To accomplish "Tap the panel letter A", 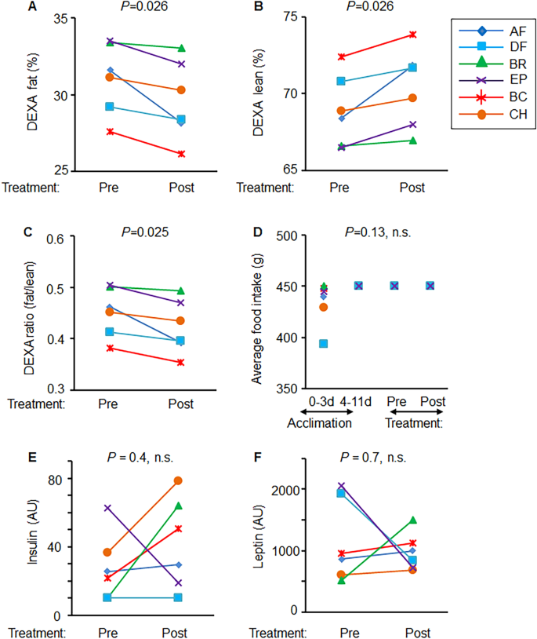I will (x=11, y=6).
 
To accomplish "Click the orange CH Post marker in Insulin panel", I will (x=178, y=480).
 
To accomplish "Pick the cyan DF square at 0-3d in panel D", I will (x=323, y=344).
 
